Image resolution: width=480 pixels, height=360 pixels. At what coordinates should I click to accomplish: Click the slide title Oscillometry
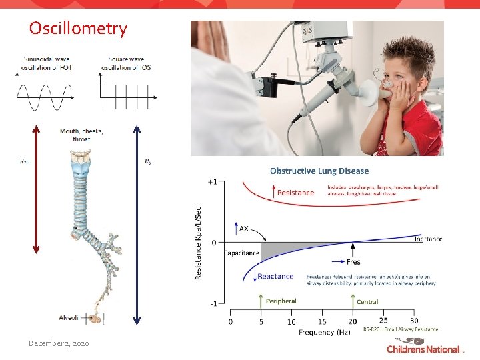[77, 29]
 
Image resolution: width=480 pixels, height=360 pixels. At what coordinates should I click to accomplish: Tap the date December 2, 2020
[59, 343]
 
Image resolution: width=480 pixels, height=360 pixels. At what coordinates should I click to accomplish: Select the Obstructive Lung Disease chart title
[319, 171]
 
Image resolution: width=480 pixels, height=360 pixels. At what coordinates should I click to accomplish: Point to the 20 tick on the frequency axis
[352, 321]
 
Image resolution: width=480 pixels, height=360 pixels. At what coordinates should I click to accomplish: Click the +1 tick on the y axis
[211, 182]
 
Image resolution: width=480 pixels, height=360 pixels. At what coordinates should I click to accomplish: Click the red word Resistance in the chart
[295, 193]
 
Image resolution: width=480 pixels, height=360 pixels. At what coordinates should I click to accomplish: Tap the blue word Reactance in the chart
[275, 276]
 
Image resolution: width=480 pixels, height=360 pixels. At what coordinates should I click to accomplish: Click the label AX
[244, 229]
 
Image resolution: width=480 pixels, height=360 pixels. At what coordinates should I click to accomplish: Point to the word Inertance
[428, 239]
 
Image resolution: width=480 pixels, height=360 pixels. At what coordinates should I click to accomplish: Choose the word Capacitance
[241, 253]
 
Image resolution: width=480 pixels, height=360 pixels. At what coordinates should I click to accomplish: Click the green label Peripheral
[281, 301]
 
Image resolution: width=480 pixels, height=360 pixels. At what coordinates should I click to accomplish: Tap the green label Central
[367, 301]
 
